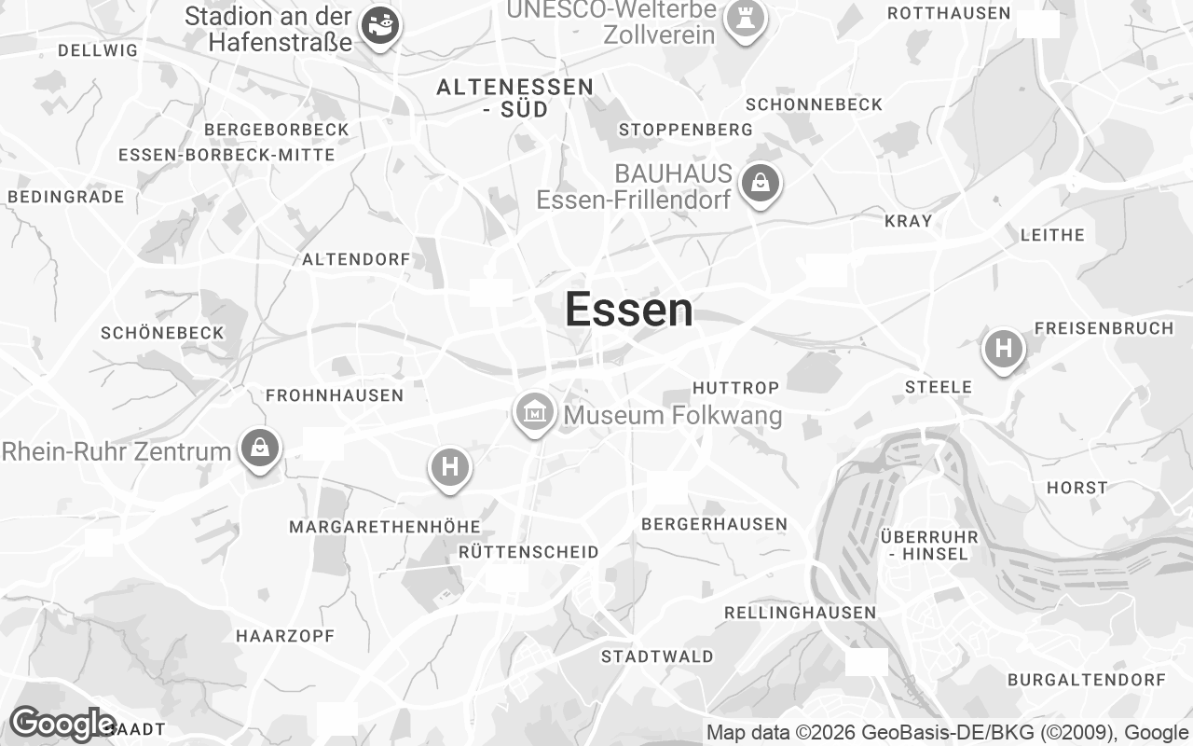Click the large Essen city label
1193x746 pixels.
(x=629, y=310)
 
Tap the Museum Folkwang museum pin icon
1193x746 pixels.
(x=535, y=411)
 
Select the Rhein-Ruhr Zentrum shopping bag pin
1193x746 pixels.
(x=260, y=449)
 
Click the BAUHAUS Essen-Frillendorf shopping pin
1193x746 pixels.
(x=761, y=183)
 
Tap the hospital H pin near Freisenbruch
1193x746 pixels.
(x=1003, y=349)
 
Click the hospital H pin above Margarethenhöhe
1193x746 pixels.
(x=450, y=466)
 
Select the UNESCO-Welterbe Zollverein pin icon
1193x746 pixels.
(x=744, y=19)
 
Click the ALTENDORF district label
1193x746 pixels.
(x=356, y=259)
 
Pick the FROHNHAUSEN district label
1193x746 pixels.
(x=335, y=395)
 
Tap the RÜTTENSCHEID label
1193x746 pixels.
(x=528, y=552)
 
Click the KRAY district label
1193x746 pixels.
(x=908, y=221)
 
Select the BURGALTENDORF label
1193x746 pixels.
(x=1087, y=680)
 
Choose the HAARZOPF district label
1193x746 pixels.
(x=285, y=636)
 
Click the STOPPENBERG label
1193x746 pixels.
(x=685, y=129)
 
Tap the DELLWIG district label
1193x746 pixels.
(x=98, y=50)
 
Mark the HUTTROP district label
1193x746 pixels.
(x=735, y=387)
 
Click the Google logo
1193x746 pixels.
(x=62, y=724)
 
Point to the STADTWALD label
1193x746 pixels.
(x=657, y=656)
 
